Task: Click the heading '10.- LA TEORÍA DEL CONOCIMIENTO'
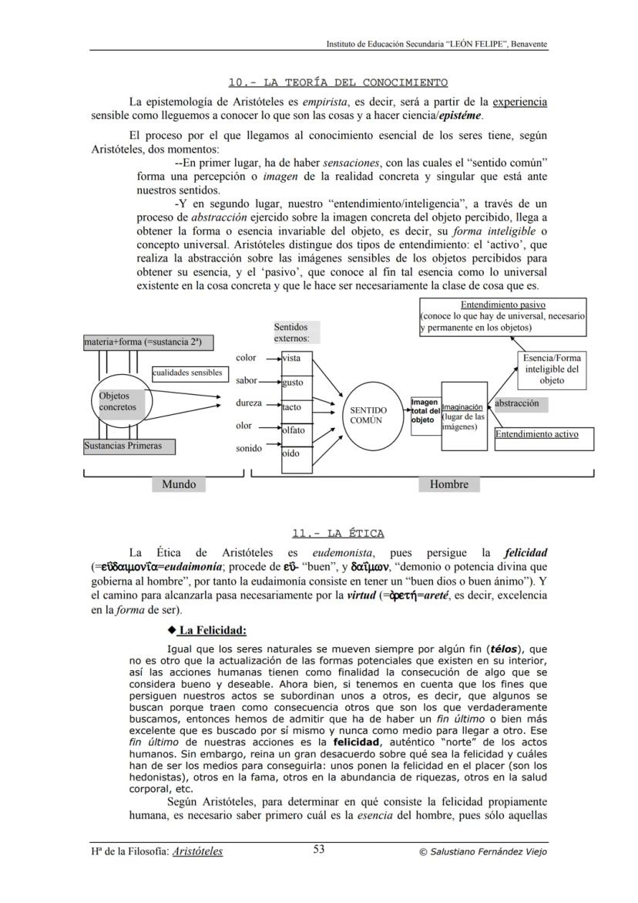coord(337,83)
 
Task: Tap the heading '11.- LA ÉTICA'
coord(337,533)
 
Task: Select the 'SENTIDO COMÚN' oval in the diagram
coord(365,415)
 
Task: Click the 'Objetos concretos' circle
coord(116,402)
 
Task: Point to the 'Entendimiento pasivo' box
coord(502,316)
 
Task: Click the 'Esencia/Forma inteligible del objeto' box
coord(552,369)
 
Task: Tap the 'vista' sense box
coord(295,359)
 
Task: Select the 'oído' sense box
coord(295,454)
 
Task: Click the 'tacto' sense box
coord(295,406)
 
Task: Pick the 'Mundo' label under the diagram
coord(179,484)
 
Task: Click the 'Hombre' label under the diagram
coord(448,484)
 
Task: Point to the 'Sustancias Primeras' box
coord(128,446)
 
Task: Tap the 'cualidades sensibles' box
coord(187,373)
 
